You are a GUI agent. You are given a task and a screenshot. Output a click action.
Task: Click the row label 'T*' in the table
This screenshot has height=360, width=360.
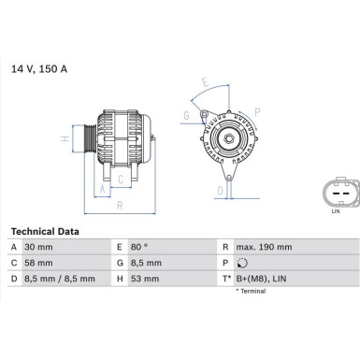coord(226,278)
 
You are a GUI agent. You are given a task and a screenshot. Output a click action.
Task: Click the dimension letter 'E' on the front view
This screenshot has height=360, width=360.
coord(207,81)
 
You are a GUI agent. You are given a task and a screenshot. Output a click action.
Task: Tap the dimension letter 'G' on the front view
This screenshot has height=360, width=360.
coord(186,116)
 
